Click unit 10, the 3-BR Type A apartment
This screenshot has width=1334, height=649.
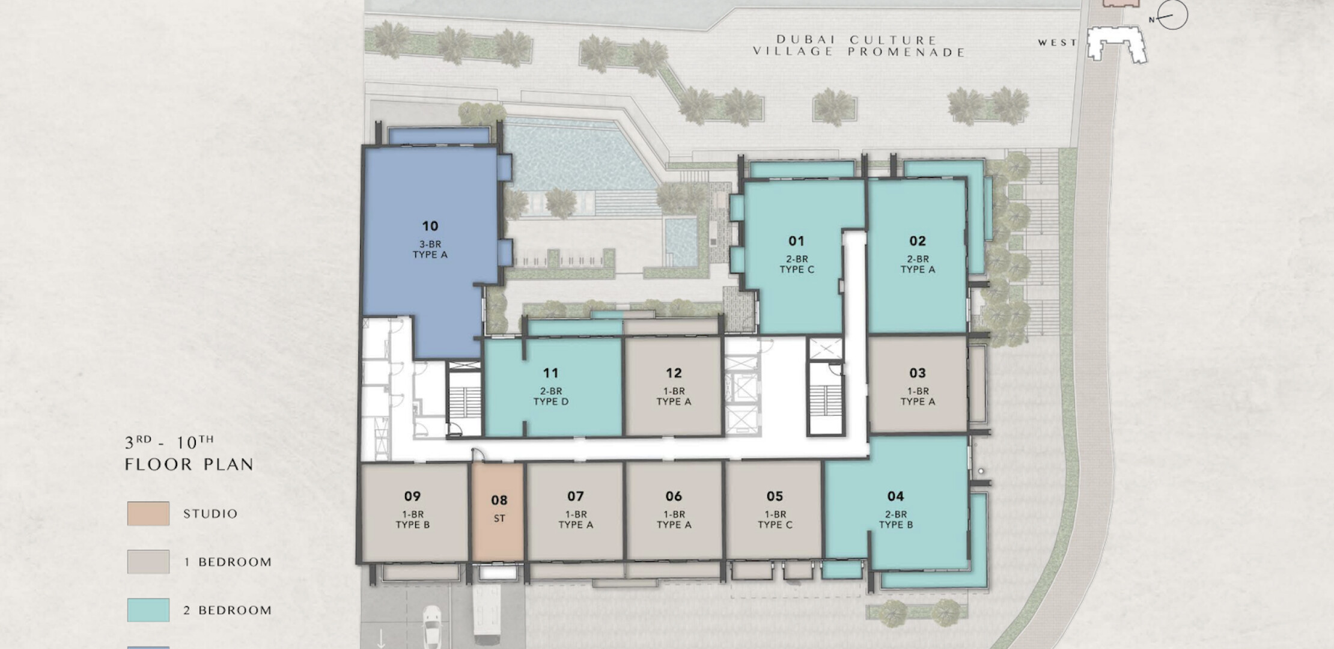[430, 240]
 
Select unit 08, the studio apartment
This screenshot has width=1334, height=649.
[499, 511]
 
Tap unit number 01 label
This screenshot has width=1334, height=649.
[796, 241]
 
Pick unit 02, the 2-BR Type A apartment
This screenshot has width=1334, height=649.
[917, 255]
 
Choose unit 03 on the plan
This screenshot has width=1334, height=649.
[918, 385]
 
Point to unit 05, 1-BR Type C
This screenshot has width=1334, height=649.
[774, 511]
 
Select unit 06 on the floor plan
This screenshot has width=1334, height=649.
[674, 511]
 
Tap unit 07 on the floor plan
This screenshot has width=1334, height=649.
[575, 511]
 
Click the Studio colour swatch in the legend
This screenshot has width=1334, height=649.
[148, 514]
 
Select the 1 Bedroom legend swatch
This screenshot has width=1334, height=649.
[148, 562]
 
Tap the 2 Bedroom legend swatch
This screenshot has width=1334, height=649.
[148, 610]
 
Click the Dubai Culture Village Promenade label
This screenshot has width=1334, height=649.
[859, 46]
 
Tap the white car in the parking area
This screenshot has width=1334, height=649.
[431, 626]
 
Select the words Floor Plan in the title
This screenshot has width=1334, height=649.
[189, 465]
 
